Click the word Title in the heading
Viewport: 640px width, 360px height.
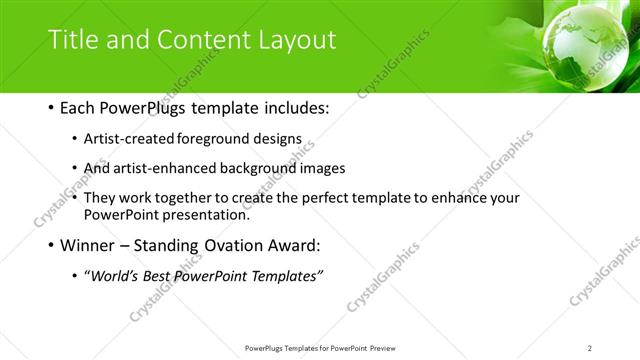click(x=72, y=40)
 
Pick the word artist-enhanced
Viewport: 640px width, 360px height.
click(x=164, y=169)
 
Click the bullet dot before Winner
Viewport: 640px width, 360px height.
click(x=51, y=246)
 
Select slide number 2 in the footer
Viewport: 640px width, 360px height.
click(x=590, y=348)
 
